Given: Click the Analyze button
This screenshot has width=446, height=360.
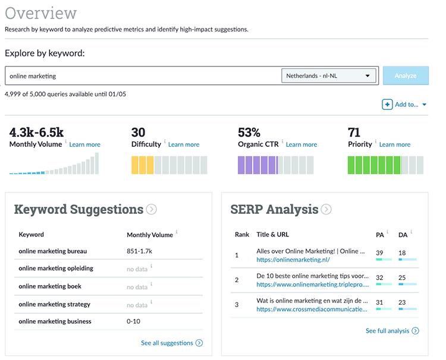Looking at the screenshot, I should coord(406,76).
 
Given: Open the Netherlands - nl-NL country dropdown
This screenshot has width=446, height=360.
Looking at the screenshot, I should coord(329,76).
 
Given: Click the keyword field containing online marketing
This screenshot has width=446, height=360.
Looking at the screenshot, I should coord(143,76).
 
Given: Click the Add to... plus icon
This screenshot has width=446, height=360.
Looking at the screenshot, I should coord(387,105).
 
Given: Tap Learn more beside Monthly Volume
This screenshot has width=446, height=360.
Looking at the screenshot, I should coord(84,144).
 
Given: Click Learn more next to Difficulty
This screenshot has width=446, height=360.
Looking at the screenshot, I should coord(184,144).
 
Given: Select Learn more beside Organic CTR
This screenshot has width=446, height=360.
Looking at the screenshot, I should coord(301,144).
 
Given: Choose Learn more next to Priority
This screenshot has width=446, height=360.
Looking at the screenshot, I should coord(395,144).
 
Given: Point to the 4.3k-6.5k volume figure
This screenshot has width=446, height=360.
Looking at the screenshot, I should coord(36,132).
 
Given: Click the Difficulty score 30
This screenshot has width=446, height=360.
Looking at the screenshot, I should coord(138,132).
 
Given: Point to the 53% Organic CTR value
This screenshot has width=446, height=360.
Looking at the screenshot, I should coord(249,132).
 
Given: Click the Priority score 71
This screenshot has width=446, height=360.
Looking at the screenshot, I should coord(354,132).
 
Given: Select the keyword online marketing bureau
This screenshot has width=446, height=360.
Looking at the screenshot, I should coord(52,251).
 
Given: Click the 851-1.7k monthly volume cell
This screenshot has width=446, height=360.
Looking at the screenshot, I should coord(140,251).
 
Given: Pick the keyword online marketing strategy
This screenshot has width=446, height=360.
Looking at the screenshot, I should coord(54,304).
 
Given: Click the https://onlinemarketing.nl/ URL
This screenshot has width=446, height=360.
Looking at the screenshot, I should coord(293,260).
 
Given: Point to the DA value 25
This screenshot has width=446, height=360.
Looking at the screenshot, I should coord(402,277).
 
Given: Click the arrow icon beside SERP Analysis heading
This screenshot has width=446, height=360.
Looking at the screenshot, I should coord(326,209).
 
